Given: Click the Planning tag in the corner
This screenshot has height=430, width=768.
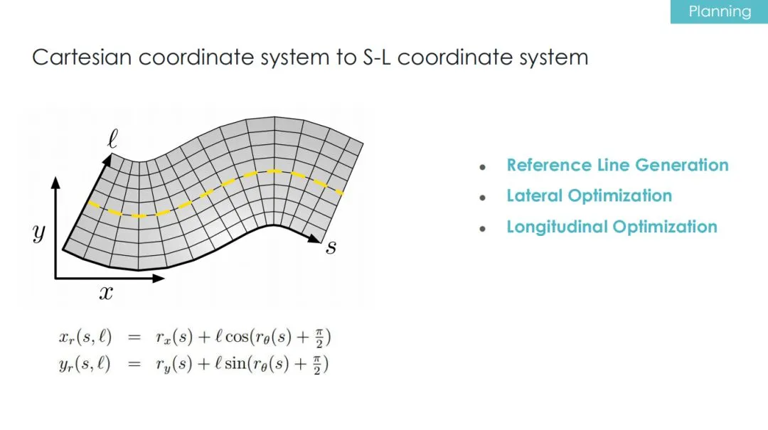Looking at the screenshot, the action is [x=719, y=11].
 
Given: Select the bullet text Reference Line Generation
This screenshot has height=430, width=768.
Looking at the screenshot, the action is [x=618, y=165].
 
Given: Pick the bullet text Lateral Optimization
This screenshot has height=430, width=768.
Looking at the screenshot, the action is [x=590, y=196].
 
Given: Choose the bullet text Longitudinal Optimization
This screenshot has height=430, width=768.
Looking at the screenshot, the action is [x=612, y=227].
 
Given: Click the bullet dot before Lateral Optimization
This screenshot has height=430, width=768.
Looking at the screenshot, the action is [x=483, y=198].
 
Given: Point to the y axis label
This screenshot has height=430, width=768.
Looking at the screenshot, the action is [x=39, y=232].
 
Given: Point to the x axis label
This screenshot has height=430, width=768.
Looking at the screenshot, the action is [x=106, y=293].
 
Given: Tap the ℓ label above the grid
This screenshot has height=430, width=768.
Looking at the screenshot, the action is [x=112, y=139].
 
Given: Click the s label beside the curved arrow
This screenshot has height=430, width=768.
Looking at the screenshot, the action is [x=331, y=247].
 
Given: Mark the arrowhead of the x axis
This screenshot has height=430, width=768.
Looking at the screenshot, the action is [x=158, y=278].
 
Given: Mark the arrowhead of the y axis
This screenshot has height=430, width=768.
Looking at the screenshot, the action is [x=55, y=183].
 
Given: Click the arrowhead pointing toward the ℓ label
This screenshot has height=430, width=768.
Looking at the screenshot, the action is [x=107, y=158].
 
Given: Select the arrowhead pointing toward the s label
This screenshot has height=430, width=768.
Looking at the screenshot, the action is [x=315, y=239].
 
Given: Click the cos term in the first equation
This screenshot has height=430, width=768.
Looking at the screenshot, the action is [x=237, y=337].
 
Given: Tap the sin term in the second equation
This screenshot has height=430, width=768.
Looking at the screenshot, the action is [x=235, y=364].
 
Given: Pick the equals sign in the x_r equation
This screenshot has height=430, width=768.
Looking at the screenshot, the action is [x=134, y=338].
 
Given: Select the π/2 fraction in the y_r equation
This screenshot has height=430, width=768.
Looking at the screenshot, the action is [x=317, y=365].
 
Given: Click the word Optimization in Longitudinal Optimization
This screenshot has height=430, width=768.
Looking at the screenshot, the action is [x=665, y=227].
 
